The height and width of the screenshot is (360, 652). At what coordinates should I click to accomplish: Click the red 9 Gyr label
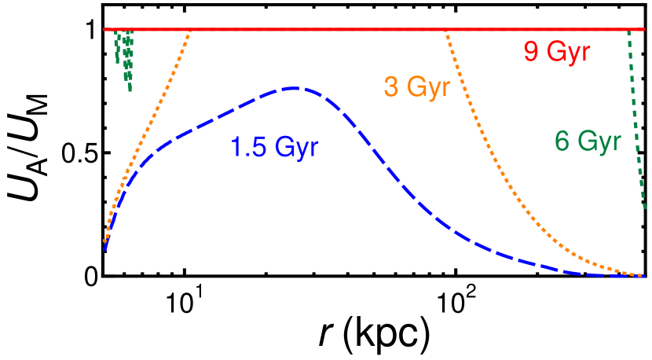point(556,53)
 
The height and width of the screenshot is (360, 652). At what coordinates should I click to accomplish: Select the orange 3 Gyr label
point(416,86)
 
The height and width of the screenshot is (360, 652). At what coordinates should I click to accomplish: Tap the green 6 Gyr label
point(588,141)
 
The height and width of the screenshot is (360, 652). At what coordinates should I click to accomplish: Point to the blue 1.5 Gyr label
point(274,147)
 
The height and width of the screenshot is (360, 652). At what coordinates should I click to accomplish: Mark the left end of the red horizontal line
point(104,30)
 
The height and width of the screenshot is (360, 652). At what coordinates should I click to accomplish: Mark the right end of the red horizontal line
point(644,30)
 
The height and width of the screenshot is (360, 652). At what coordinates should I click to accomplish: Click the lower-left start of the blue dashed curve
point(104,250)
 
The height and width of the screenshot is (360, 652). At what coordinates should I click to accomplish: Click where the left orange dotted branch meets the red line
point(190,31)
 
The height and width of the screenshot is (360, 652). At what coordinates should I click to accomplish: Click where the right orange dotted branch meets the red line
point(445,31)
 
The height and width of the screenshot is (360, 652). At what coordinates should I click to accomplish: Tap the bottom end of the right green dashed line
point(644,209)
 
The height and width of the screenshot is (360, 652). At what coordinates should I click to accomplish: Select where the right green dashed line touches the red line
point(628,31)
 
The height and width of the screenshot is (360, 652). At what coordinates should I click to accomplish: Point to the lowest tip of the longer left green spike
point(130,91)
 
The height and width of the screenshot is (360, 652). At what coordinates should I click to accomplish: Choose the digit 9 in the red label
point(532,53)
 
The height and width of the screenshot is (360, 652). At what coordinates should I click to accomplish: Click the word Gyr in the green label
point(600,141)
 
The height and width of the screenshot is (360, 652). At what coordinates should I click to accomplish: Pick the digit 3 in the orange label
point(390,86)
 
